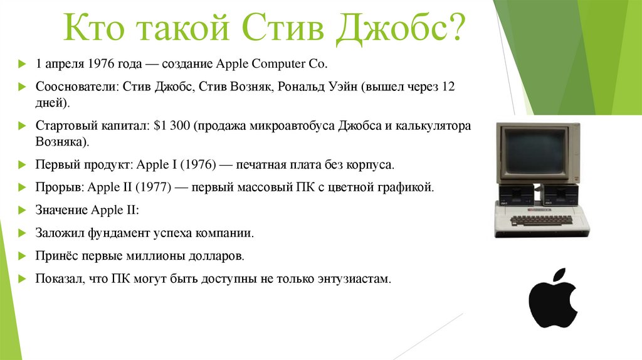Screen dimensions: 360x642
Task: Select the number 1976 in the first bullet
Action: click(x=100, y=64)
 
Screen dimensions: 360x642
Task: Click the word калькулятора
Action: click(x=432, y=126)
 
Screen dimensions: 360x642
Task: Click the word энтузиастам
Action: click(x=354, y=278)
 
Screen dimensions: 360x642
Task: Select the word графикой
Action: click(x=409, y=187)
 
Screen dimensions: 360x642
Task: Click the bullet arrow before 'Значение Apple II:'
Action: click(x=22, y=210)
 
